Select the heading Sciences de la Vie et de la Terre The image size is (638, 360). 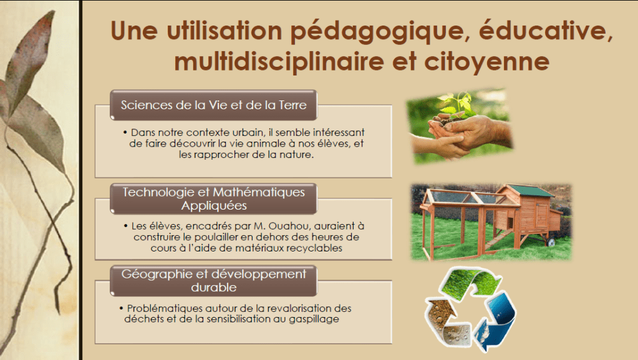tap(214, 105)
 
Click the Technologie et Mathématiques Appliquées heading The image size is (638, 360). tap(214, 198)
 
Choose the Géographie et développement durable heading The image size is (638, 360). tap(214, 281)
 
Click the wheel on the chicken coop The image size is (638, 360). tap(552, 243)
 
